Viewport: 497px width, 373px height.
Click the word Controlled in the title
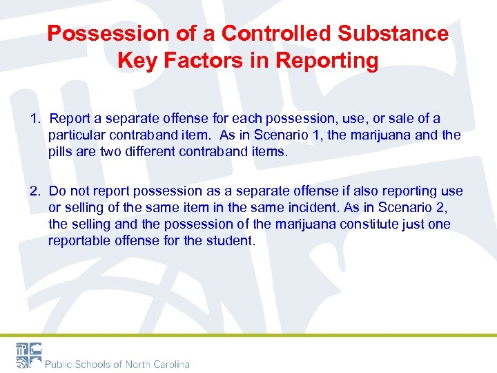pos(270,33)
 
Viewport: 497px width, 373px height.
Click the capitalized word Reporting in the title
pos(327,61)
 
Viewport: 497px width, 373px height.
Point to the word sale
pos(400,119)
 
